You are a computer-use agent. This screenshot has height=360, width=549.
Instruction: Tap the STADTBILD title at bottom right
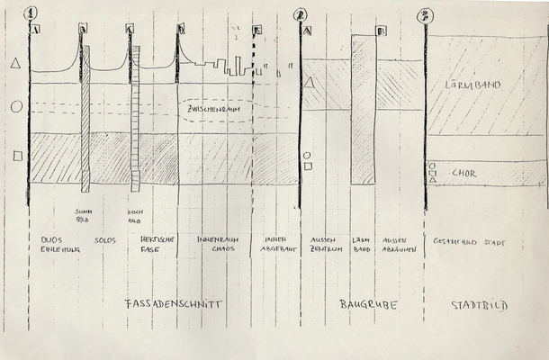point(480,306)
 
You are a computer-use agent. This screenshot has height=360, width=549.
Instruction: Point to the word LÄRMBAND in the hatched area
point(472,85)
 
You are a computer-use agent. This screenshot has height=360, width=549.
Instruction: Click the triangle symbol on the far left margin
point(14,64)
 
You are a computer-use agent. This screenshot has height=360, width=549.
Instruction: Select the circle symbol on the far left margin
point(15,107)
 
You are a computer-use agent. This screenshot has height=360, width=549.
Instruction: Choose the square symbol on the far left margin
point(16,157)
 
